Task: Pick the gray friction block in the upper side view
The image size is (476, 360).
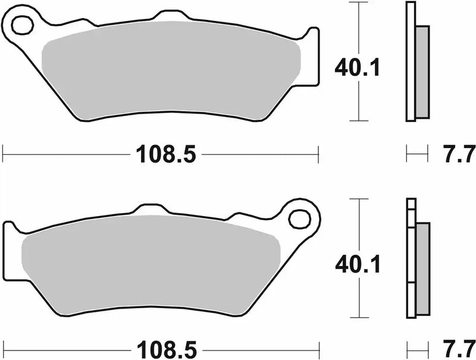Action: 421,71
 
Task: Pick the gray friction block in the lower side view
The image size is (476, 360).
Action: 422,268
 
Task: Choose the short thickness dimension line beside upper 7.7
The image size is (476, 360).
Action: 416,154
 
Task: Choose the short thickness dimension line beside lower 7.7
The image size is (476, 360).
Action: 417,347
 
